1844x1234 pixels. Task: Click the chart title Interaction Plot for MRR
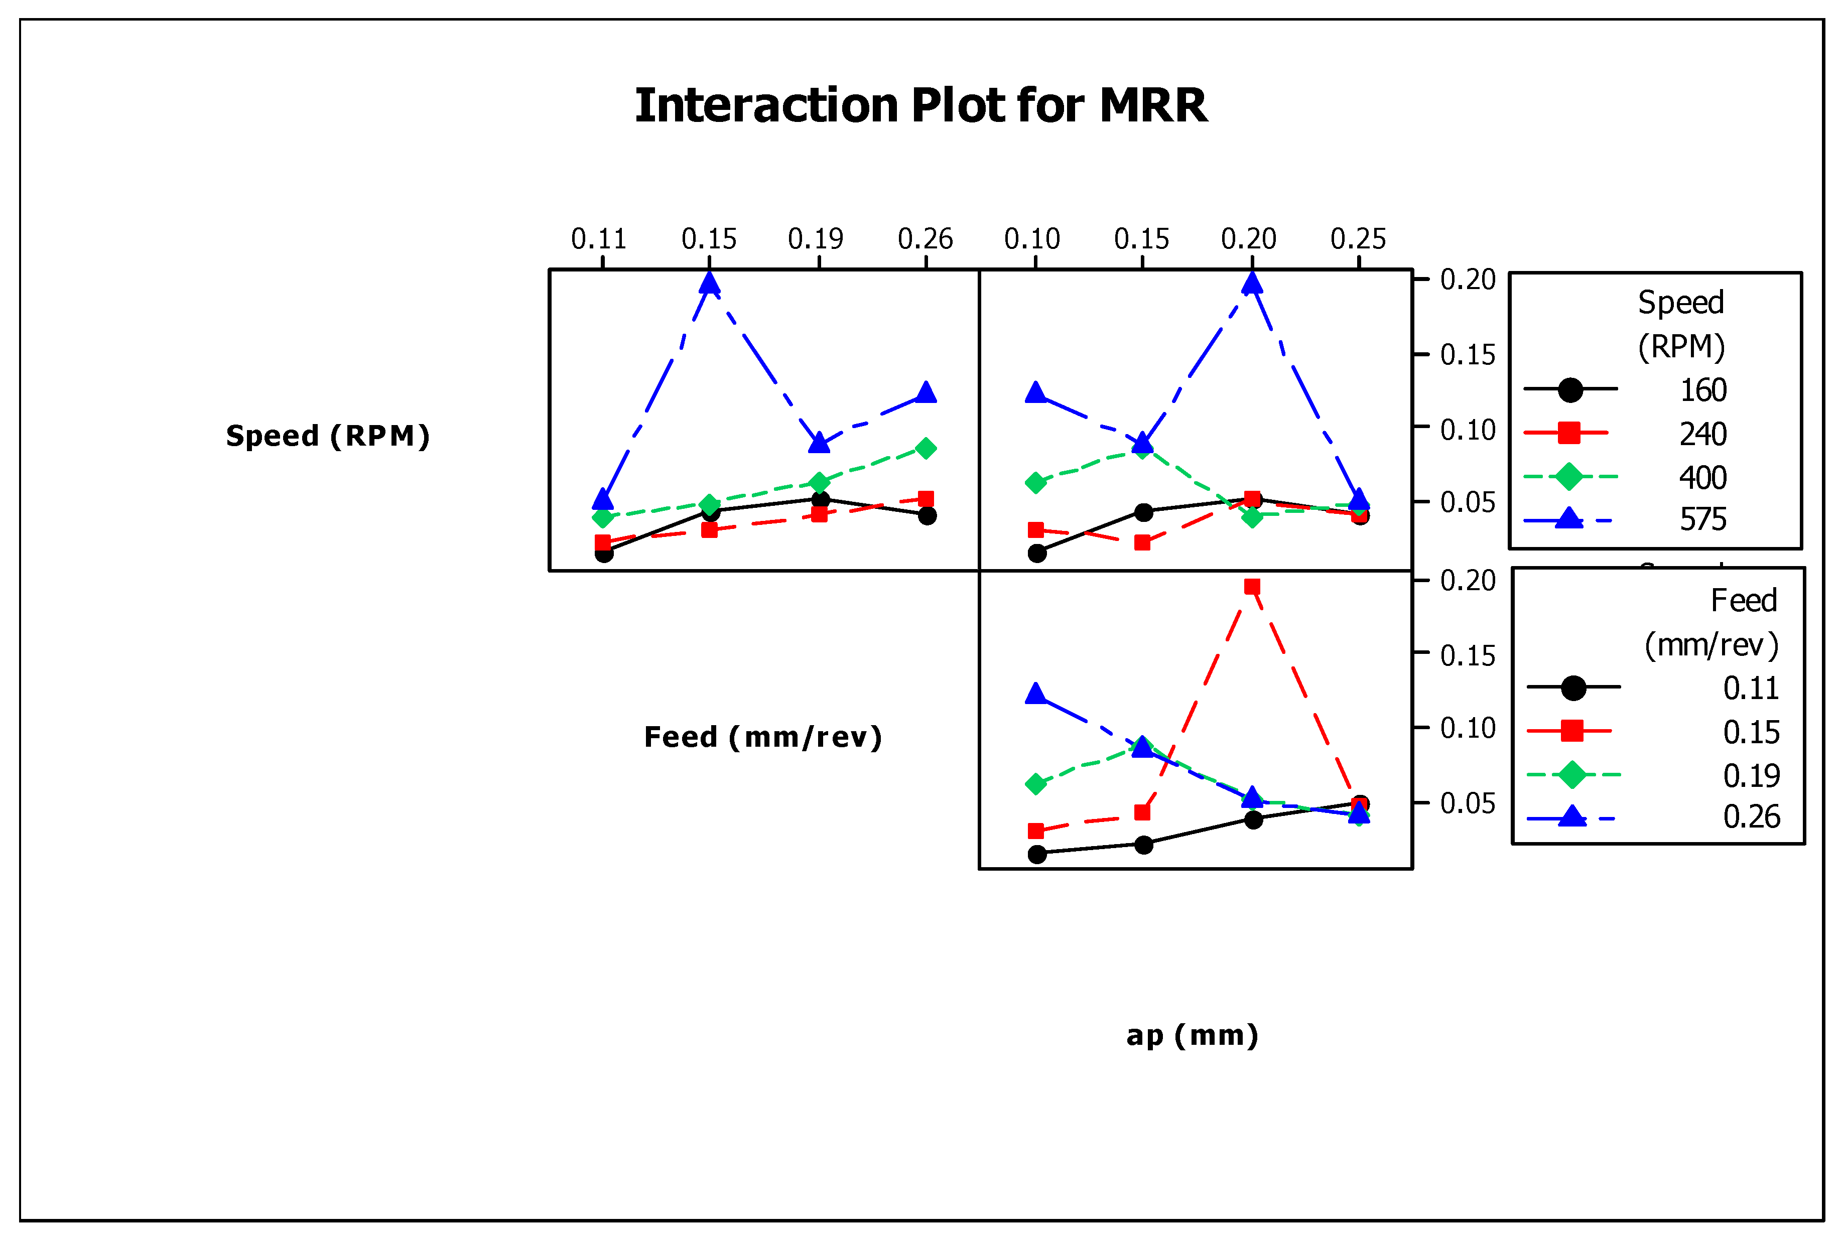[x=921, y=105]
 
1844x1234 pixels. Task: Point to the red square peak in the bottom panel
[x=1251, y=586]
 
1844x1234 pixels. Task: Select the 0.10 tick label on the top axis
[x=1032, y=238]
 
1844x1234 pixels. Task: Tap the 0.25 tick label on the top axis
[x=1358, y=238]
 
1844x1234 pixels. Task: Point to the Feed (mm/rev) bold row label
[x=762, y=737]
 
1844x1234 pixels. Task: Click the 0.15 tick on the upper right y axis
[x=1467, y=355]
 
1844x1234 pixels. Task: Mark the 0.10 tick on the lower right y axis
[x=1467, y=728]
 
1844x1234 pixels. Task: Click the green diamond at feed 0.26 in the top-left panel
[x=927, y=449]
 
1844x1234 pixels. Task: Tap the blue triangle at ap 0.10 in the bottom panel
[x=1036, y=694]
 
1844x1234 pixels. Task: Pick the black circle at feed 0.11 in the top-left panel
[x=604, y=553]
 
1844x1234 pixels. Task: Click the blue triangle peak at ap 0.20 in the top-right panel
[x=1251, y=284]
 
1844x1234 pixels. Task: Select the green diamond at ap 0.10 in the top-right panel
[x=1036, y=482]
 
